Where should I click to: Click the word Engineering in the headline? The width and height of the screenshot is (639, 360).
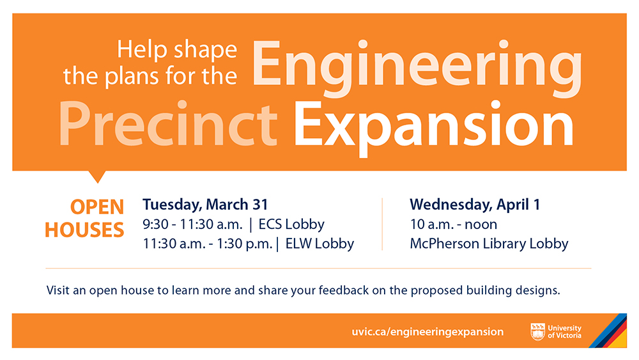pyautogui.click(x=417, y=68)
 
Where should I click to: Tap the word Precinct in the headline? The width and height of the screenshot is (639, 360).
pyautogui.click(x=168, y=123)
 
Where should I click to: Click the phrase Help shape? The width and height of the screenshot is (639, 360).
pyautogui.click(x=177, y=51)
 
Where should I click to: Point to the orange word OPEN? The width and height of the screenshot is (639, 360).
pyautogui.click(x=97, y=207)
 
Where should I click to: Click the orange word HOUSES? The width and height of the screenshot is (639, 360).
pyautogui.click(x=84, y=230)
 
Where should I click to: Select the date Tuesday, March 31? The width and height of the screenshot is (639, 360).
pyautogui.click(x=205, y=205)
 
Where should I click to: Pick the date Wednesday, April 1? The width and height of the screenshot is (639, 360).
pyautogui.click(x=475, y=205)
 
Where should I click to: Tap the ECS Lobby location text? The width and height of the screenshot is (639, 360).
pyautogui.click(x=291, y=224)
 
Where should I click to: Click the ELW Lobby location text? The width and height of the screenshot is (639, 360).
pyautogui.click(x=319, y=244)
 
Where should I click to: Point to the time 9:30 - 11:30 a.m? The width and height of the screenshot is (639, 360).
pyautogui.click(x=192, y=224)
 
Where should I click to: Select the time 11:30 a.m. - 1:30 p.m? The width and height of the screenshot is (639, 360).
pyautogui.click(x=208, y=244)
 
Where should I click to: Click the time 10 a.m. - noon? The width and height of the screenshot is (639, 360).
pyautogui.click(x=454, y=224)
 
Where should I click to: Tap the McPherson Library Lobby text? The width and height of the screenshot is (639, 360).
pyautogui.click(x=489, y=244)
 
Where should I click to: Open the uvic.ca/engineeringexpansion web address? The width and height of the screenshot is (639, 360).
pyautogui.click(x=427, y=332)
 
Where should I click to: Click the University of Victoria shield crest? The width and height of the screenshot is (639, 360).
pyautogui.click(x=537, y=331)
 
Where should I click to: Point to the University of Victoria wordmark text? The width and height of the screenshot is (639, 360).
pyautogui.click(x=564, y=332)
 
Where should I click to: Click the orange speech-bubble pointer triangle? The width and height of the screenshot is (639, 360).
pyautogui.click(x=97, y=176)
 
